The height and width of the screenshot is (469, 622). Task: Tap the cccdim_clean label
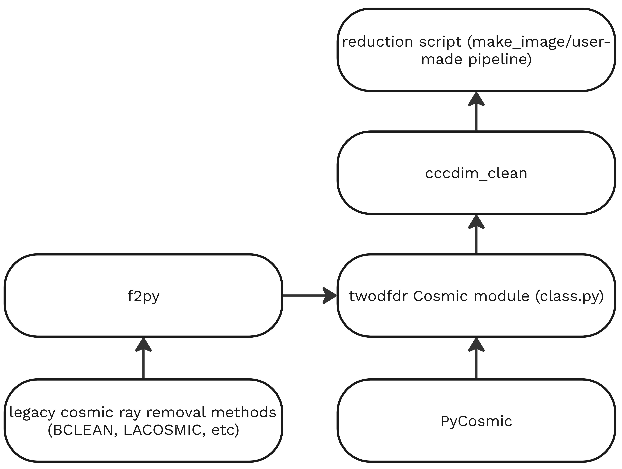pos(476,173)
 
